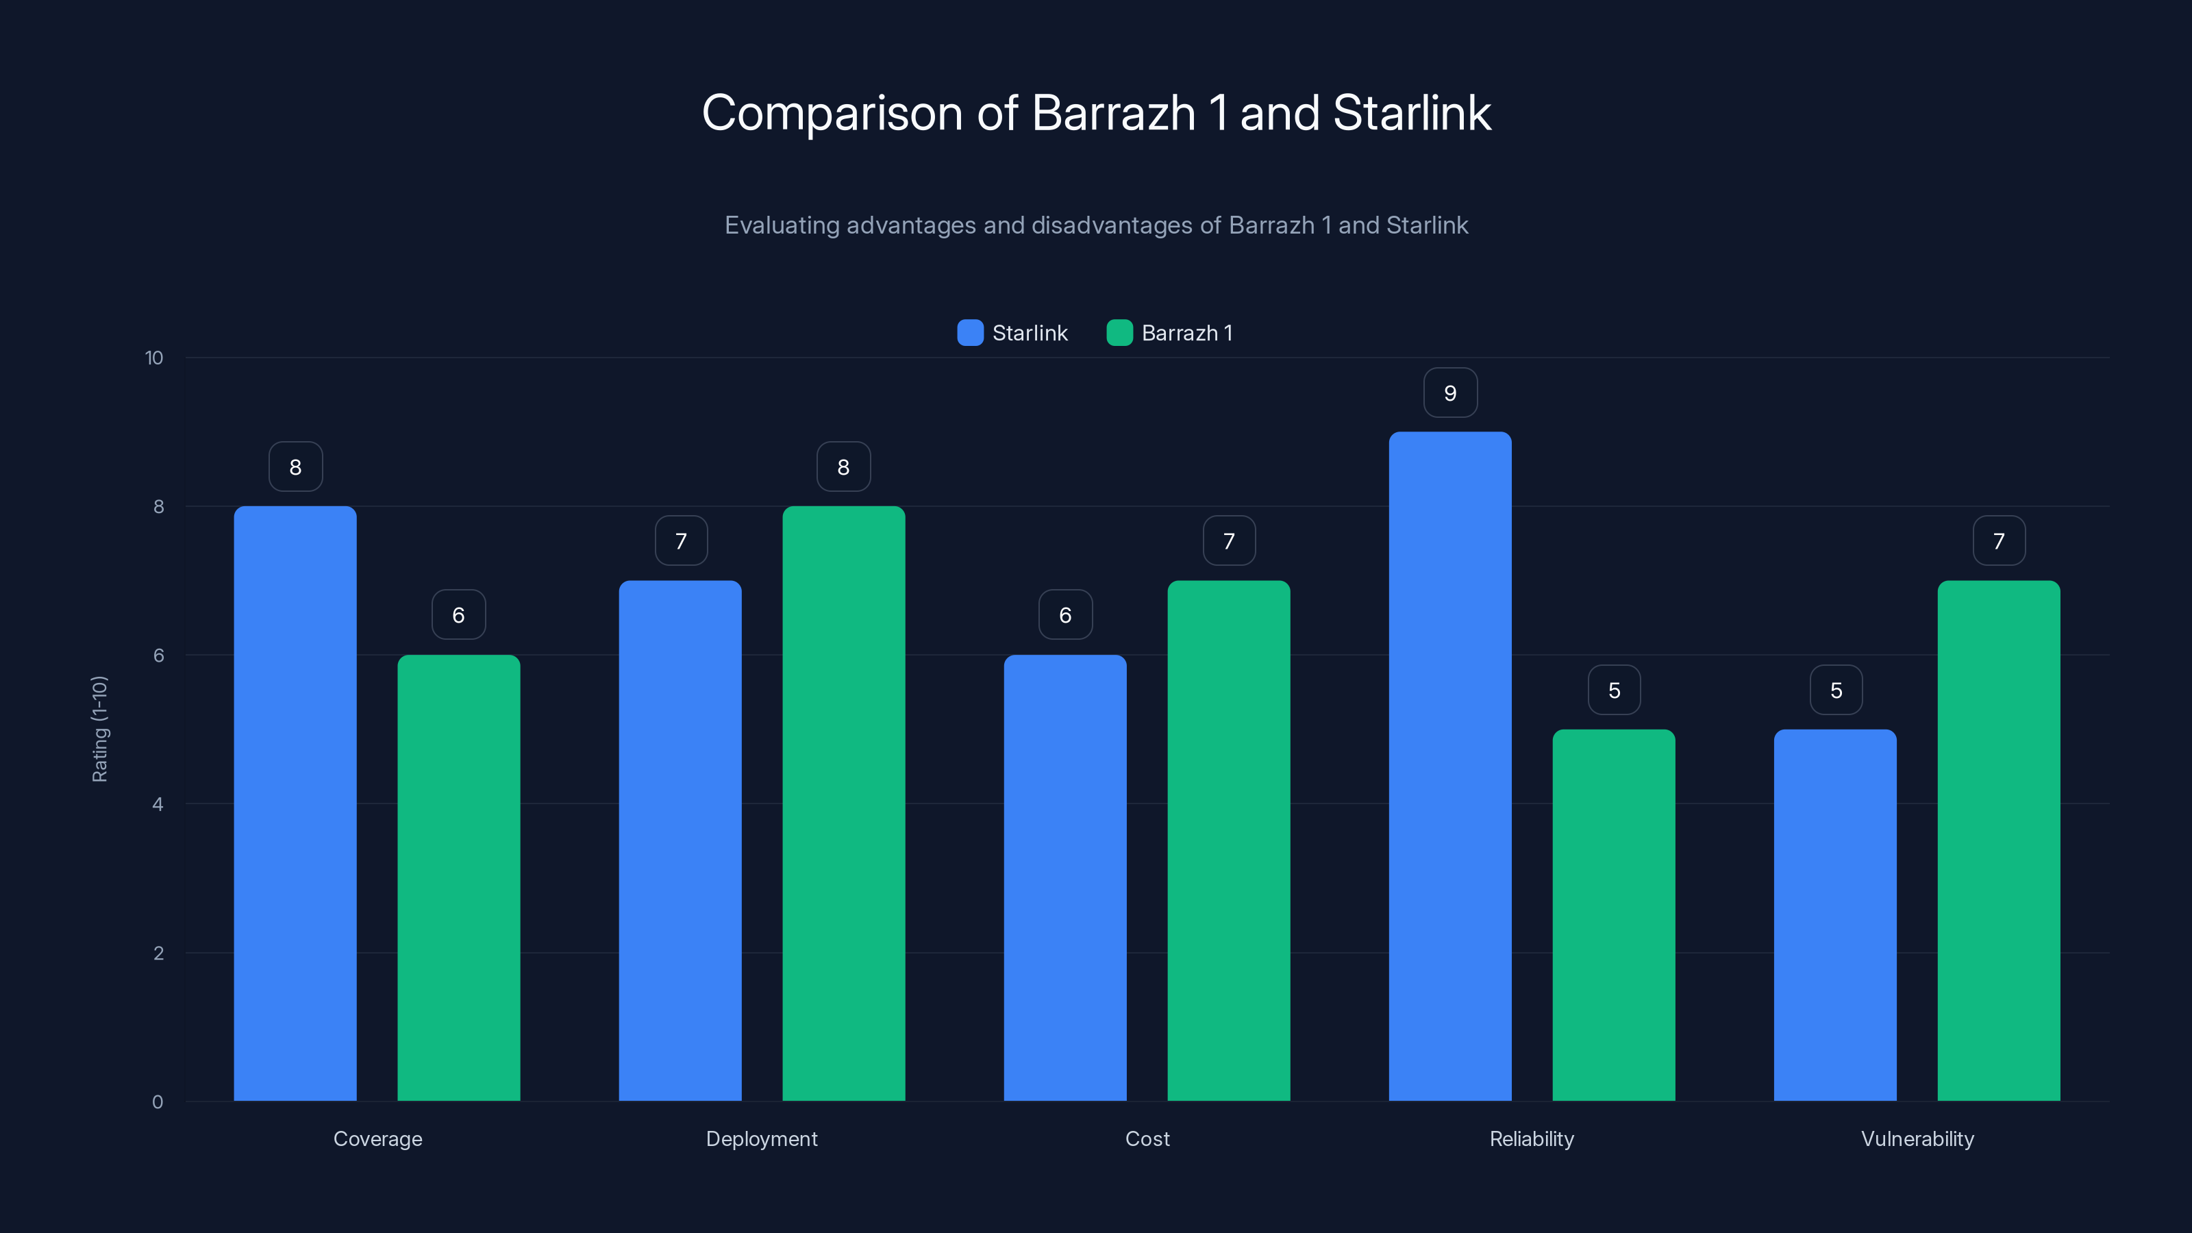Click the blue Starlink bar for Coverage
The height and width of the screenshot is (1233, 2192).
[295, 804]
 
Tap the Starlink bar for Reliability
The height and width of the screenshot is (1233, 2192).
[1450, 766]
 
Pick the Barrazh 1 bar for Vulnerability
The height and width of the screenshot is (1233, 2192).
[1998, 840]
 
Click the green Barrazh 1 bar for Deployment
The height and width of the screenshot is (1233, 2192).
[843, 804]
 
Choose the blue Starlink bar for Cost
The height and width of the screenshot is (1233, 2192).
[1064, 877]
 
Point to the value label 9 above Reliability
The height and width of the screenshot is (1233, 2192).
[1450, 393]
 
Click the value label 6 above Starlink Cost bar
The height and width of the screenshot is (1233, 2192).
[1064, 615]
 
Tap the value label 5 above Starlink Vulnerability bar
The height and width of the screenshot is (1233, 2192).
[1836, 690]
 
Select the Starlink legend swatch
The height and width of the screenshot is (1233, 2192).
[970, 333]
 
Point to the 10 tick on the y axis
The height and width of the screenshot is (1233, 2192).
[154, 358]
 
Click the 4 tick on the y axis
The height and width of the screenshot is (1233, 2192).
[158, 804]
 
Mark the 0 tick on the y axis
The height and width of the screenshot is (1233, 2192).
[158, 1102]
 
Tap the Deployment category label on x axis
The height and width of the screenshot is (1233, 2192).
[762, 1138]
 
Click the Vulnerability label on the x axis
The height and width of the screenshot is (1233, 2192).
[1917, 1138]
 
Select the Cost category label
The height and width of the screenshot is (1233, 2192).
[1147, 1138]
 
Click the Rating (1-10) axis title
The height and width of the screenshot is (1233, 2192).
[99, 730]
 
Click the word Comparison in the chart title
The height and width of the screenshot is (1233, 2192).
[832, 113]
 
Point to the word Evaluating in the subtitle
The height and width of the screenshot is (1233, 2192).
[781, 225]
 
